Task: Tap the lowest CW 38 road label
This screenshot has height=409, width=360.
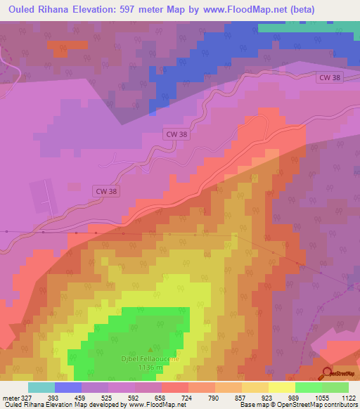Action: [x=106, y=190]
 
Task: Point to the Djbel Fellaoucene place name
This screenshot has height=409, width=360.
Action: [x=151, y=358]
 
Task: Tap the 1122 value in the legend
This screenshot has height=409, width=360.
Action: [x=348, y=397]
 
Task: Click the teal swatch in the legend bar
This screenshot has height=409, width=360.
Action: [x=41, y=387]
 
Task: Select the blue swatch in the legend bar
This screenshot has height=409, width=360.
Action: [x=68, y=387]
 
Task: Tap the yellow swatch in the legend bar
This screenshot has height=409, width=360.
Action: [x=282, y=387]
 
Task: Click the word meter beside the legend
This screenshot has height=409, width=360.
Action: [x=9, y=397]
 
